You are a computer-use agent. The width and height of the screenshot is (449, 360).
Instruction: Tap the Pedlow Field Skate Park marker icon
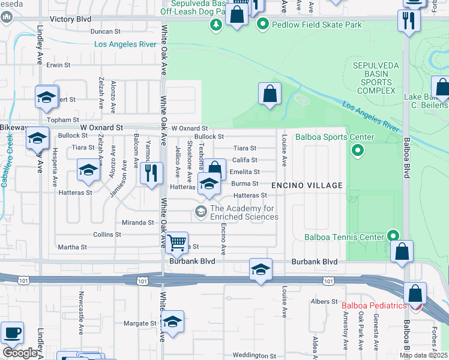[x=262, y=25]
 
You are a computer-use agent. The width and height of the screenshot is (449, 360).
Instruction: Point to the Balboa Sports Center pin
[x=358, y=150]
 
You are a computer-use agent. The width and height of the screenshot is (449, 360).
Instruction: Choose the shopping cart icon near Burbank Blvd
[x=176, y=243]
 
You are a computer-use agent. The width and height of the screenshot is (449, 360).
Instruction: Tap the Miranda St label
[x=139, y=223]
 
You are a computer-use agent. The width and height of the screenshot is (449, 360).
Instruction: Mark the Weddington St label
[x=254, y=356]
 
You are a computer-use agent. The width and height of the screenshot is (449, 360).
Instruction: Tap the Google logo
[x=20, y=353]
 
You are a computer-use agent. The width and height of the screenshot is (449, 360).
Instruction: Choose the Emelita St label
[x=244, y=172]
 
